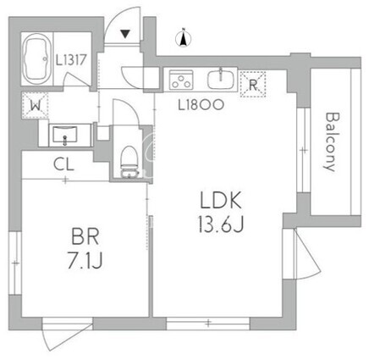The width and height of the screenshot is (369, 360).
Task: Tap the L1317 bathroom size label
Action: coord(70,60)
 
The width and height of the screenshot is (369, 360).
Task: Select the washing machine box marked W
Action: coord(36,105)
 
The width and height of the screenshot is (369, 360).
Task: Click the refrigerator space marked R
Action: coord(253,85)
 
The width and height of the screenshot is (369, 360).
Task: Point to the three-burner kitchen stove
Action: coord(181,80)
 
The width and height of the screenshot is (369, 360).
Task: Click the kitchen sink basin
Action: coord(221,78)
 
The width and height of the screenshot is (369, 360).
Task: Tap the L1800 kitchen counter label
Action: coord(201,105)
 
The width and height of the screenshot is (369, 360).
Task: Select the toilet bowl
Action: coord(129,162)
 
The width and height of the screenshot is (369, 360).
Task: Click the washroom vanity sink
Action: coord(65,136)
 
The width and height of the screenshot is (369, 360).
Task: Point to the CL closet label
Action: coord(64,164)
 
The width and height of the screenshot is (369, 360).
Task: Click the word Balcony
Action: coord(330,142)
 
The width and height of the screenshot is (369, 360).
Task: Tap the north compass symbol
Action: coord(184,38)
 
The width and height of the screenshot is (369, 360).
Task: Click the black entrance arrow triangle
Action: coord(125,34)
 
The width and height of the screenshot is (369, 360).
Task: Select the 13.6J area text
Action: coord(221,224)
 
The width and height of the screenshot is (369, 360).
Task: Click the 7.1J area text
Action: coord(85,261)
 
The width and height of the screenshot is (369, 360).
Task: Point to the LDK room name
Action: coord(221,200)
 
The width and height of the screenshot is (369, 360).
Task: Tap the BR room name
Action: coord(85,237)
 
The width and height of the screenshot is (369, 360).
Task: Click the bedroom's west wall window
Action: coord(15,263)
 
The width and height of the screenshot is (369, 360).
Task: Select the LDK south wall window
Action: coord(208,324)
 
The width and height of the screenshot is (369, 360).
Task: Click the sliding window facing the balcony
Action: coord(304,150)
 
